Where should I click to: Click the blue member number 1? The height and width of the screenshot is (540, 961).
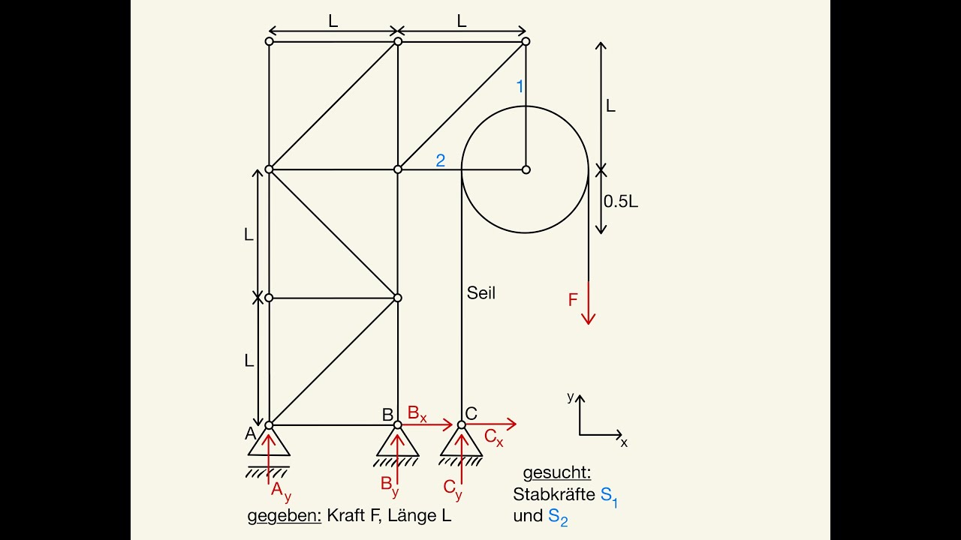(x=520, y=86)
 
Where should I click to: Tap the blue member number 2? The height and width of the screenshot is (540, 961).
(x=440, y=160)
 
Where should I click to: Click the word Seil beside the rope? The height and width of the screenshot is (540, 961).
(x=481, y=293)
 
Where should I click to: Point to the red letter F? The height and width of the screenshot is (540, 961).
(x=573, y=300)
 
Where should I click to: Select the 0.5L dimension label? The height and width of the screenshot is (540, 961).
(x=621, y=202)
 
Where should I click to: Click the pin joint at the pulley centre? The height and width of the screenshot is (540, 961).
(x=526, y=169)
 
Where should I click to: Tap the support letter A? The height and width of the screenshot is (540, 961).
(x=250, y=433)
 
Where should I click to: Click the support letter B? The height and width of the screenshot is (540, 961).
(x=387, y=415)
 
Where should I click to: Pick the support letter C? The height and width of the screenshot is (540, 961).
(x=471, y=413)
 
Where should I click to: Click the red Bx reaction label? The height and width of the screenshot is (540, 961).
(x=417, y=414)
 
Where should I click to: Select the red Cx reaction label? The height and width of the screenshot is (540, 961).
(x=493, y=437)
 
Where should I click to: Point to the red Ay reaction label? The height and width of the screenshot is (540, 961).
(x=281, y=491)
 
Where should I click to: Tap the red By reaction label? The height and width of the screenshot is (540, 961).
(x=390, y=487)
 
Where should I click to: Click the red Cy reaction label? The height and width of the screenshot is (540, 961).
(x=453, y=489)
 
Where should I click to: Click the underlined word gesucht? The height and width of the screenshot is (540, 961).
(x=557, y=472)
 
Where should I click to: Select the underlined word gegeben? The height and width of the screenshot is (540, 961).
(x=285, y=516)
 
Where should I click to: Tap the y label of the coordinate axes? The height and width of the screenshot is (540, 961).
(x=570, y=397)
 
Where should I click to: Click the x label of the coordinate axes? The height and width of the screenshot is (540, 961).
(x=624, y=442)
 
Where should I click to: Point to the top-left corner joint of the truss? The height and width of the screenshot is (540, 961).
(x=269, y=41)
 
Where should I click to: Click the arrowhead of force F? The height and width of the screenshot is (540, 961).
(x=588, y=319)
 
